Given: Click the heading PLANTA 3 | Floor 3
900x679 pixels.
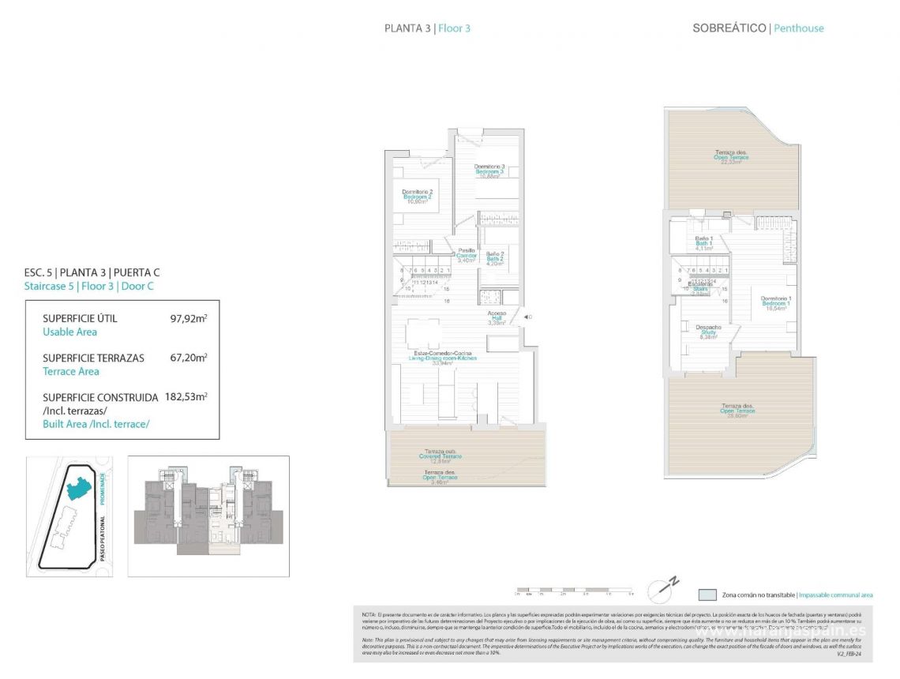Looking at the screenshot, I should click(x=427, y=28).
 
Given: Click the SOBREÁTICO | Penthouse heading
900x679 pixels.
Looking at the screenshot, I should click(x=757, y=28).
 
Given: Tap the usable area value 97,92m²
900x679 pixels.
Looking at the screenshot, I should click(x=189, y=319).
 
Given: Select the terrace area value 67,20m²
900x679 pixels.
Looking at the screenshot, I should click(x=189, y=358).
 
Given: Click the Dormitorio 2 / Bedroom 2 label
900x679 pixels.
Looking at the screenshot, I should click(x=417, y=196).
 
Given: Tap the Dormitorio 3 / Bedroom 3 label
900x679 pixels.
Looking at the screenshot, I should click(x=489, y=171).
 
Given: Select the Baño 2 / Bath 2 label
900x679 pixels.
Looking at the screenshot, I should click(x=495, y=258).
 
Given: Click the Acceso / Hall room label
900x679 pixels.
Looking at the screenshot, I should click(x=496, y=317).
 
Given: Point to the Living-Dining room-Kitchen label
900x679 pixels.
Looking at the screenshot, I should click(x=442, y=358).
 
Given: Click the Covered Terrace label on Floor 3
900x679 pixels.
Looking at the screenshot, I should click(x=440, y=456).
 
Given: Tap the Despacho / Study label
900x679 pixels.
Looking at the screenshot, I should click(x=708, y=332).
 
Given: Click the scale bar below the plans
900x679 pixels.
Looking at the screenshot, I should click(x=574, y=590).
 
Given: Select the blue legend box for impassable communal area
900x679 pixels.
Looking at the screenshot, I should click(x=707, y=595).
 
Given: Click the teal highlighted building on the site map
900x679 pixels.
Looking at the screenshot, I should click(x=80, y=486).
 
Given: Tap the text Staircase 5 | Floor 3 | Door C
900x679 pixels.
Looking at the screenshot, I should click(x=89, y=286).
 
